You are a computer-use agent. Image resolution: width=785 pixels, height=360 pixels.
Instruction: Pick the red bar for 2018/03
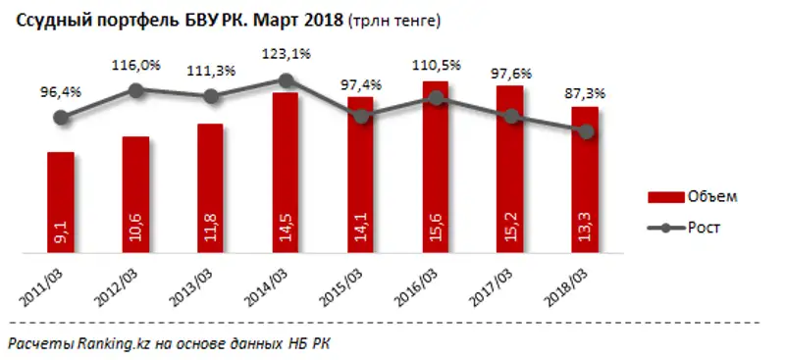(x=585, y=181)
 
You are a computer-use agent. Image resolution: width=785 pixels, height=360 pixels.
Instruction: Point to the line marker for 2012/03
(x=135, y=90)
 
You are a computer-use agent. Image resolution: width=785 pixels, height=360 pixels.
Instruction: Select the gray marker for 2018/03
(x=586, y=132)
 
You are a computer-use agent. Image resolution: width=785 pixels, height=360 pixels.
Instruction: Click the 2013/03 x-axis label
(x=200, y=285)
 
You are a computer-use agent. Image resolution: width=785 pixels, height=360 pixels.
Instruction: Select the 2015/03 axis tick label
(x=350, y=285)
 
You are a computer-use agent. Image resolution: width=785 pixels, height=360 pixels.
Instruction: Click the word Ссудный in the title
(x=44, y=19)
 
